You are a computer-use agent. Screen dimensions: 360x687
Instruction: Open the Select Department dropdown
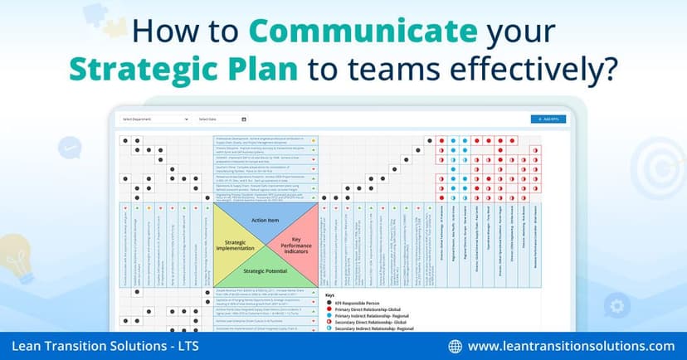coord(155,119)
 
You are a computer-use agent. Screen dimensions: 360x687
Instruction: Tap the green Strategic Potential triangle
coord(266,270)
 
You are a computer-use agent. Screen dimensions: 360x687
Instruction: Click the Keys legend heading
coord(330,294)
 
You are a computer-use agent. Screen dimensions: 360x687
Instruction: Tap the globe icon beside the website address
coord(455,345)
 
